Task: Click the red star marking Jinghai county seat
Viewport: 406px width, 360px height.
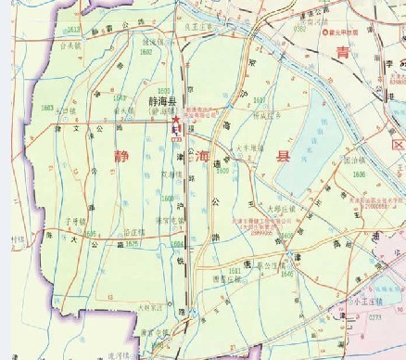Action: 172,120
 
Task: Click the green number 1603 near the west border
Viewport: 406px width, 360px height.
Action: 46,109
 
